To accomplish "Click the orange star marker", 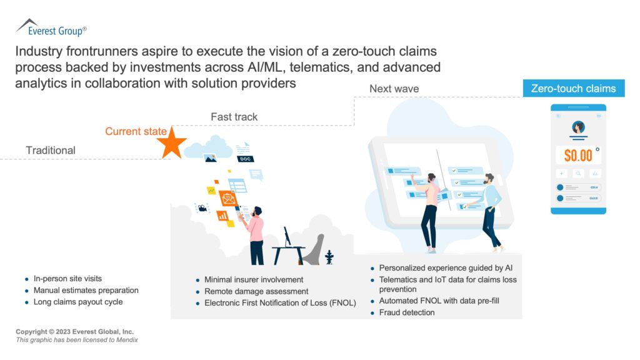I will [x=171, y=144].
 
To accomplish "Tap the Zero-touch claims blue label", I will [x=573, y=89].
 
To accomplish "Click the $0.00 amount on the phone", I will [x=578, y=154].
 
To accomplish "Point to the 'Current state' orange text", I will [x=136, y=131].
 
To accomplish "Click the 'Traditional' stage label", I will [x=51, y=150].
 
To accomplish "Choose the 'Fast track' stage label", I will [x=234, y=117].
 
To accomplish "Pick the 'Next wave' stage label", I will [x=394, y=89].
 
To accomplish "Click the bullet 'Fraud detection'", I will [x=406, y=312].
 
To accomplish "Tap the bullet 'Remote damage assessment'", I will [x=256, y=291].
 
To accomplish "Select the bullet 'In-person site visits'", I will [x=67, y=279].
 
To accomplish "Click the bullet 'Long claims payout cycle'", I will [x=78, y=302].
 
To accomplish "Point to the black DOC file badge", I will [x=246, y=159].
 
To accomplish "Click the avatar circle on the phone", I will [x=578, y=127].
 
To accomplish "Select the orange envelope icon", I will [x=228, y=199].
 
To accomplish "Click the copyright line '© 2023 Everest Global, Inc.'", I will [x=75, y=331].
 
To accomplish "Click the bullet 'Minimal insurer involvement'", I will [x=254, y=279].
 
